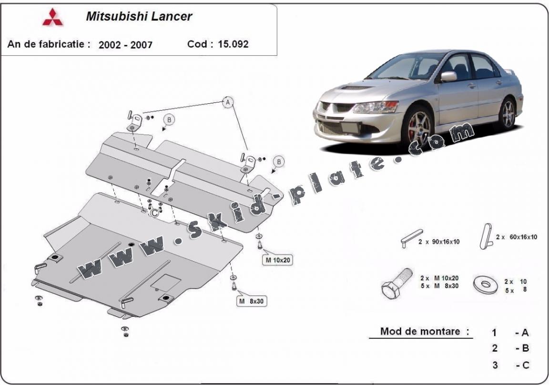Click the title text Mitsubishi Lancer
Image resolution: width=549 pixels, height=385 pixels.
point(139,16)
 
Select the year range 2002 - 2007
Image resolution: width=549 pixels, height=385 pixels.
point(125,45)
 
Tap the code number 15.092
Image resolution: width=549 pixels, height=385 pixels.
point(234,44)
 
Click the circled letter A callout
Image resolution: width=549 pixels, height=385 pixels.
point(228,101)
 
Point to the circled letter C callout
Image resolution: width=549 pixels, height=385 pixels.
point(154,213)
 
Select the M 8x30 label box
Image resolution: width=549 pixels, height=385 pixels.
point(252,301)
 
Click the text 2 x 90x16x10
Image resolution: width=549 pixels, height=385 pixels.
point(439,242)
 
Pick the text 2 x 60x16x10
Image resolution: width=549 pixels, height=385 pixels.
point(516,237)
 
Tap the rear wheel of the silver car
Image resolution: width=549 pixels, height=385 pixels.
point(508,113)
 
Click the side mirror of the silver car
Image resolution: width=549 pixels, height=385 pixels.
point(448,76)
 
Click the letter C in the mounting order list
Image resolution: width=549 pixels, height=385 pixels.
point(525,365)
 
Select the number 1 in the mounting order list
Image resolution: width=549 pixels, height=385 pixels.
point(495,333)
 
